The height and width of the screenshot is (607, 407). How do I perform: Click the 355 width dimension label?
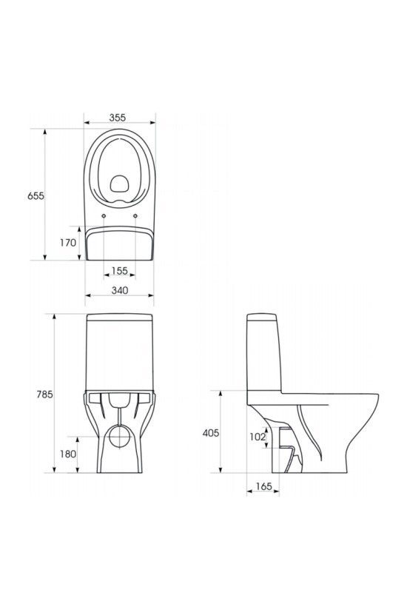tap(117, 117)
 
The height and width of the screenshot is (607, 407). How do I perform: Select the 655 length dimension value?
tap(36, 196)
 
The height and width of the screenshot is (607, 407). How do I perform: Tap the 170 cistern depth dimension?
tap(67, 243)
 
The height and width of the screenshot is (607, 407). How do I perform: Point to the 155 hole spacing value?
tap(119, 271)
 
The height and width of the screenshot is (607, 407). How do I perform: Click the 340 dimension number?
tap(120, 290)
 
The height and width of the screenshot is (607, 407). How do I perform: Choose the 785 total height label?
tap(44, 395)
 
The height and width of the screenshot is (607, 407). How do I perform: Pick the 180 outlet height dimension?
tap(68, 454)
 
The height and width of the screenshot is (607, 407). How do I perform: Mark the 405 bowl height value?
tap(211, 433)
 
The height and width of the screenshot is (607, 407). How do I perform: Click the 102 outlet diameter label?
tap(258, 437)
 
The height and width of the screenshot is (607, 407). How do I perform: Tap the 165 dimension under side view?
tap(264, 486)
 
